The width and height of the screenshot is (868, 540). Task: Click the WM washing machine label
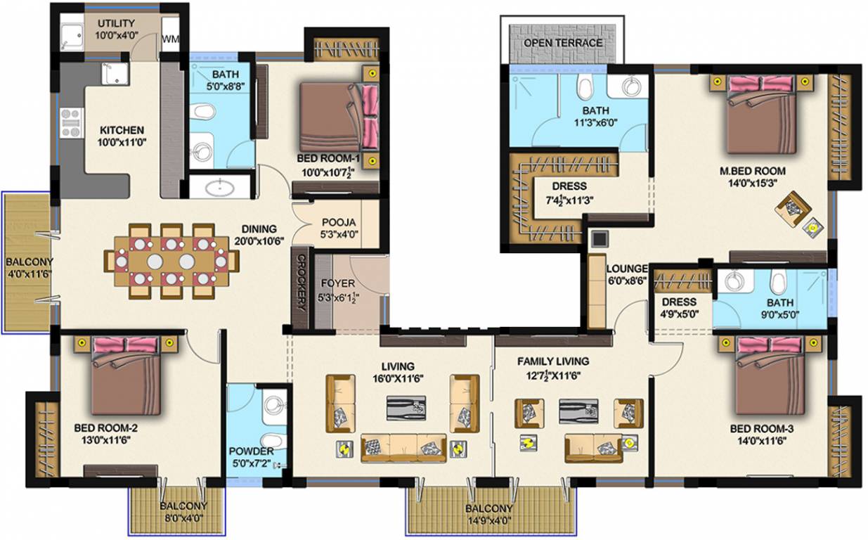click(x=169, y=39)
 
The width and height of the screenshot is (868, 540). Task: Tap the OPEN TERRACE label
click(x=563, y=43)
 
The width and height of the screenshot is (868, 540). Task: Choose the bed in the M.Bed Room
click(x=760, y=113)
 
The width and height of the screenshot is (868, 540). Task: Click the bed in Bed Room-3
click(x=769, y=375)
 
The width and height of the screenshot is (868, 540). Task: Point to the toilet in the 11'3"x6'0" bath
click(x=584, y=89)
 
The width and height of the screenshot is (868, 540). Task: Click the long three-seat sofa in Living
click(x=403, y=448)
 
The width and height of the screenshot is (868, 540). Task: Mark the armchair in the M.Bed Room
click(x=794, y=208)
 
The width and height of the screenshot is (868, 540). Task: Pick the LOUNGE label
click(x=626, y=269)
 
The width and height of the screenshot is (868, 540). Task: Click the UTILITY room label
click(x=116, y=24)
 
